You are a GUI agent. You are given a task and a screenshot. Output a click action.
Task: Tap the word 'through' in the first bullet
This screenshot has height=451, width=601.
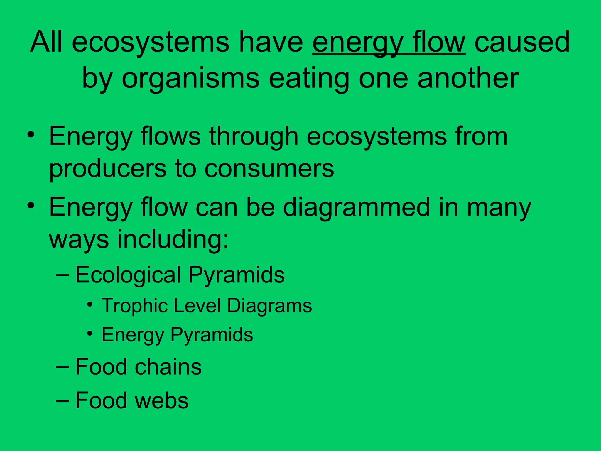click(x=254, y=137)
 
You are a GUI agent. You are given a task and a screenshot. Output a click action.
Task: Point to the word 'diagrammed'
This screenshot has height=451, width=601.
click(x=357, y=207)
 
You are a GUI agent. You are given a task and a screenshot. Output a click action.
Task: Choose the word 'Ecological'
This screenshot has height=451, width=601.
click(x=128, y=275)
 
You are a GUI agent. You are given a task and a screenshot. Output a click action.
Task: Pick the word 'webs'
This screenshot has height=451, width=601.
click(x=162, y=400)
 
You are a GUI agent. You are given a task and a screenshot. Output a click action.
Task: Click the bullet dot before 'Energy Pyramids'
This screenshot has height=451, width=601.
click(x=90, y=334)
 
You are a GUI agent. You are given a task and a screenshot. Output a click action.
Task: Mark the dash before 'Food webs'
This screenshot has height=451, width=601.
click(x=63, y=400)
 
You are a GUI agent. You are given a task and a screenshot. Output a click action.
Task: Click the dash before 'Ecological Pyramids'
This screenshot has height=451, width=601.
click(x=63, y=275)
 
